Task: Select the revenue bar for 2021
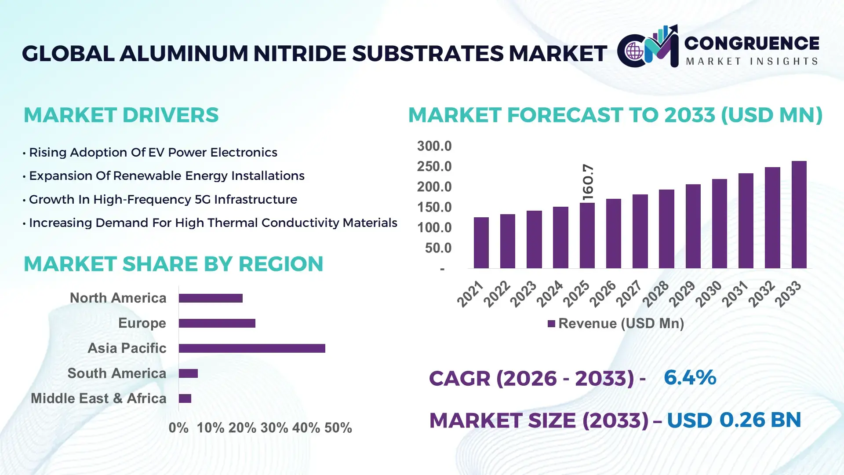481,243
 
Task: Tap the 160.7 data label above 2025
588,183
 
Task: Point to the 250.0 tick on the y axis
434,167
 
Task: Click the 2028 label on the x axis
655,294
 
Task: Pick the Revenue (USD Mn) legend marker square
551,324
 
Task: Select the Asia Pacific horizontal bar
252,348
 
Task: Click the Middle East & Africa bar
185,398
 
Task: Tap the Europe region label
142,323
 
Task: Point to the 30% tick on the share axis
274,428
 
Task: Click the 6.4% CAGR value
690,378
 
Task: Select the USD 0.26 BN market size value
734,420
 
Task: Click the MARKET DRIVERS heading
121,115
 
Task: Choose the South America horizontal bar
188,373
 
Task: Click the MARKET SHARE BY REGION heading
173,264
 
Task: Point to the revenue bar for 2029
693,227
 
